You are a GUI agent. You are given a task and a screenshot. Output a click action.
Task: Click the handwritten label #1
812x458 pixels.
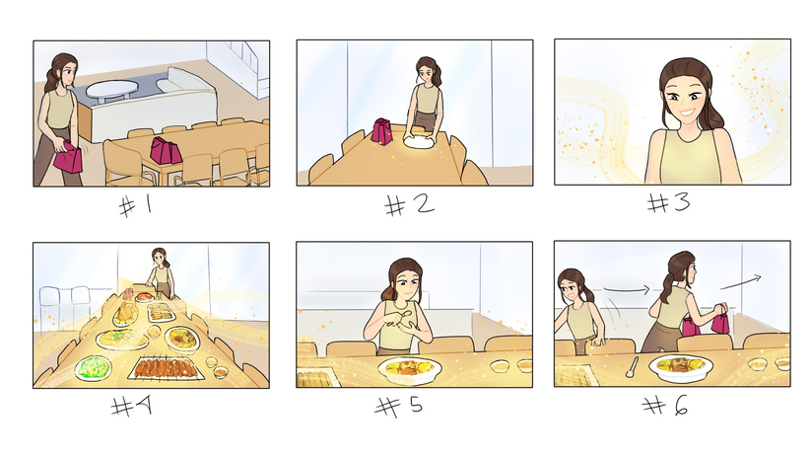[136, 206]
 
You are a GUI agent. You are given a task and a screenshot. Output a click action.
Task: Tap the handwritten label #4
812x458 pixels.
[131, 406]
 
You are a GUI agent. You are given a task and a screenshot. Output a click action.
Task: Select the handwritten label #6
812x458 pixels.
[665, 405]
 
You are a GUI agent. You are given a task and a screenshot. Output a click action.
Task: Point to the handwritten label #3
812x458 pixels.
[668, 202]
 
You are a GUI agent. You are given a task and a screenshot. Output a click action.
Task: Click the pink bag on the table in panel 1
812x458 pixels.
[166, 151]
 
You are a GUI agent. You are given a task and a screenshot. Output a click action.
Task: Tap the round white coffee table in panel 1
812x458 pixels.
[112, 90]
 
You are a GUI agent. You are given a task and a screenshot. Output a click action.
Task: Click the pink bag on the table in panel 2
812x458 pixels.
[381, 131]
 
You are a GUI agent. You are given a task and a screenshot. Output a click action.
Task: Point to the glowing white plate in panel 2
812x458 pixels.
[419, 141]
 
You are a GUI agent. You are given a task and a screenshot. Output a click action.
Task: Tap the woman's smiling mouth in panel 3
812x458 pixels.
[687, 112]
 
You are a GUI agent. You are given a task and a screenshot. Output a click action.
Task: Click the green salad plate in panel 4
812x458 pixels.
[94, 368]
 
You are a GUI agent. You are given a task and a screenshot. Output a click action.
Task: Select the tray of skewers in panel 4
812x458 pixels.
[165, 368]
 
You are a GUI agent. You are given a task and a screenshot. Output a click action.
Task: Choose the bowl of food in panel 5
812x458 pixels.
[410, 370]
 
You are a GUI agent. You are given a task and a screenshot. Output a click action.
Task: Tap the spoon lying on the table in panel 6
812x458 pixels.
[632, 367]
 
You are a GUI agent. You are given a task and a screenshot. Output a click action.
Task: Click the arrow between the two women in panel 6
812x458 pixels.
[626, 289]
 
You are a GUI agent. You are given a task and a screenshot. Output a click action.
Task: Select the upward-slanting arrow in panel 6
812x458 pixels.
[740, 282]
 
